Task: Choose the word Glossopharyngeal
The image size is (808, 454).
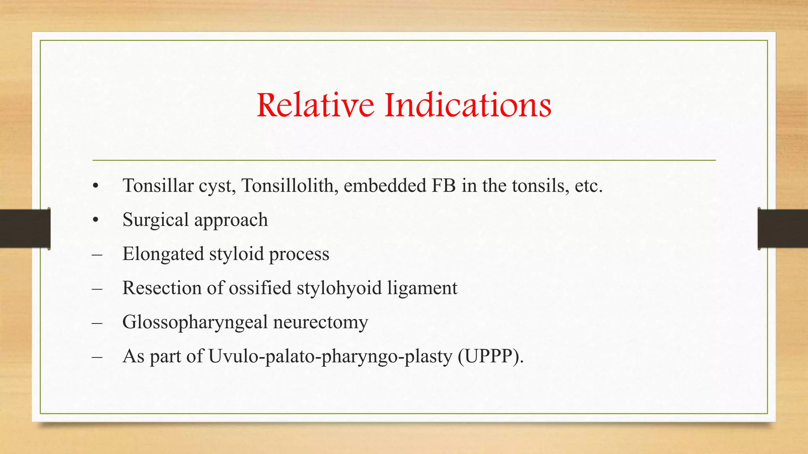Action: tap(195, 322)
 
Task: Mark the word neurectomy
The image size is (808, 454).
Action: tap(320, 322)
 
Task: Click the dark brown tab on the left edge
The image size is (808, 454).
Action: tap(25, 229)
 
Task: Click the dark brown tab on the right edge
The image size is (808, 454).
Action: tap(783, 229)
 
